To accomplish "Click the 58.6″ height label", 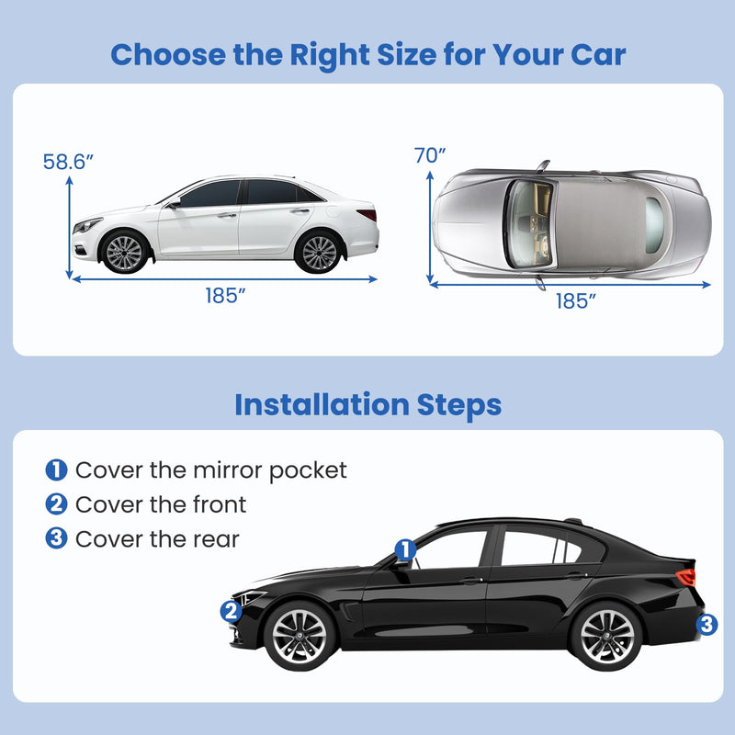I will point(68,162).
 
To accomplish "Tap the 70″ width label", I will point(430,155).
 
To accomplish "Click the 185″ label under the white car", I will point(224,296).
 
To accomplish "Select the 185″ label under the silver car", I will point(576,300).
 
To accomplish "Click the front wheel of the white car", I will point(124,251).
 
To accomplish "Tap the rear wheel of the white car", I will point(319,251).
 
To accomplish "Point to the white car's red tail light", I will point(367,214).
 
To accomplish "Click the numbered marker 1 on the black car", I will point(405,549).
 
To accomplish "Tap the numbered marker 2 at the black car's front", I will point(231,610).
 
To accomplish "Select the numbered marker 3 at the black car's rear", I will point(706,625).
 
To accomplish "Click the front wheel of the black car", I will point(299,635).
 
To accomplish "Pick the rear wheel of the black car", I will point(605,635).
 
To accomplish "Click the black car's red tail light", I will point(686,576).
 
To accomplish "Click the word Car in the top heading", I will point(595,54).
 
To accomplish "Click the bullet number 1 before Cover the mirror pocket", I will point(56,470).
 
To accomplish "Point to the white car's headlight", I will point(87,224).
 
